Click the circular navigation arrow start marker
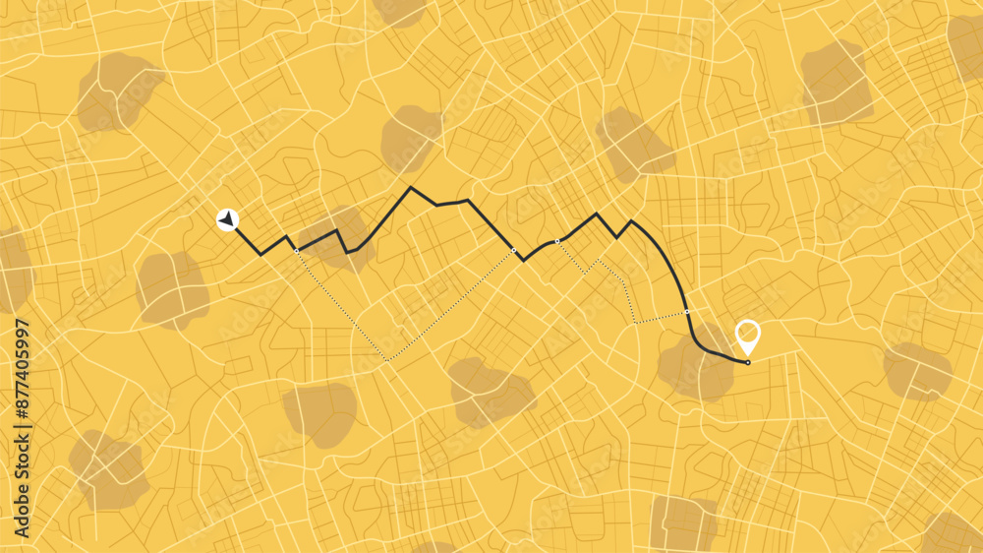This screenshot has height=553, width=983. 228,219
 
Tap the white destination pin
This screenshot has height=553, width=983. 748,335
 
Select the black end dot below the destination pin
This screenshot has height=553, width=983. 747,362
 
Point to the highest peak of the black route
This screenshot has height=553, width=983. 411,187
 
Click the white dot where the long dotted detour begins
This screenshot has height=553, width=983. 296,251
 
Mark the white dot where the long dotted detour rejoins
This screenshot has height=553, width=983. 514,251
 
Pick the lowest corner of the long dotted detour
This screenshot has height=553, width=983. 387,360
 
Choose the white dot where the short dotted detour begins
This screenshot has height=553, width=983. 557,241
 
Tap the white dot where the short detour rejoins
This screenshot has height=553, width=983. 687,312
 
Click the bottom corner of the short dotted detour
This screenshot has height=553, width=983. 635,322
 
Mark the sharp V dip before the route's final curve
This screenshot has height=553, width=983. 617,237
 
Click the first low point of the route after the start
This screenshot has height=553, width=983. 260,254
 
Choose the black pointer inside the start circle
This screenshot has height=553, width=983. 228,219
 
